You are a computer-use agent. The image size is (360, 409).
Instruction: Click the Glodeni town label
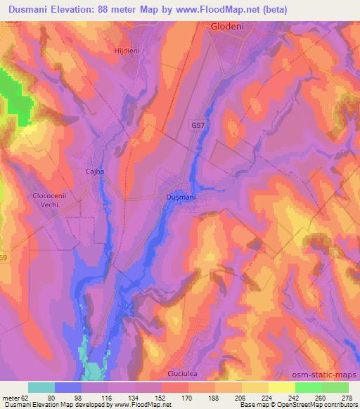click(x=227, y=26)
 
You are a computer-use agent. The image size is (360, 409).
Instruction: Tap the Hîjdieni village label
click(x=128, y=51)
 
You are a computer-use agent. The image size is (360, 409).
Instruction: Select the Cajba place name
click(x=94, y=171)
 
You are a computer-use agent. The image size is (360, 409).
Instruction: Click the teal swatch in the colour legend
click(x=41, y=387)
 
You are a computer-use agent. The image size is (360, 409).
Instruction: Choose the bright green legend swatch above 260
click(x=309, y=387)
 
